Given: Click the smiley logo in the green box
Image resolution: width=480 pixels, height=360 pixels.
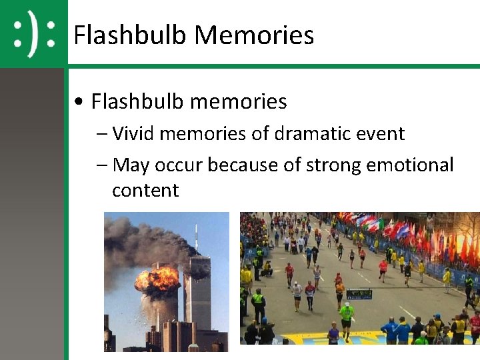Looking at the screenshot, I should (33, 34).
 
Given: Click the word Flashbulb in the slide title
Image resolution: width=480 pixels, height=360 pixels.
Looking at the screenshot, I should (129, 35).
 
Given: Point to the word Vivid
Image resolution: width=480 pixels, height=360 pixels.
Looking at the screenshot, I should (133, 133).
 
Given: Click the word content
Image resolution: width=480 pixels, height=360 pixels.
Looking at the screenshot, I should (145, 191).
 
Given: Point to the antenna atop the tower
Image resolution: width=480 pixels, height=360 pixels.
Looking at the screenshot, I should (197, 240).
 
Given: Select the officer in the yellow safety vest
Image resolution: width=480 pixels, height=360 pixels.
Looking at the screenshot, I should (258, 303).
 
